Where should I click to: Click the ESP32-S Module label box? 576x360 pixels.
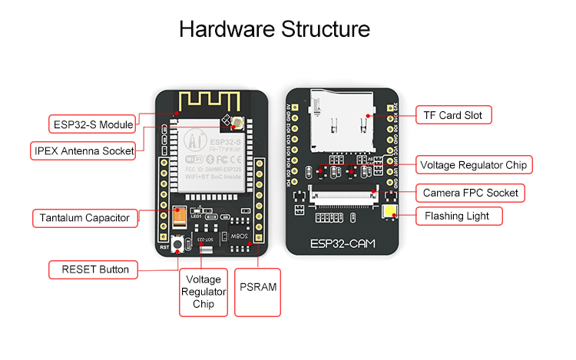click(x=91, y=123)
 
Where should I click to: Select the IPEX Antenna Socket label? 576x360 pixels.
click(x=84, y=150)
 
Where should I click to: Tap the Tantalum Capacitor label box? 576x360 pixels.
click(x=85, y=218)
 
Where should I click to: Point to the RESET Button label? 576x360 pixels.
click(x=89, y=269)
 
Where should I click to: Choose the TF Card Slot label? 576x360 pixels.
click(x=453, y=115)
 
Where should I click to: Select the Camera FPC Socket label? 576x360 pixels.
click(x=470, y=192)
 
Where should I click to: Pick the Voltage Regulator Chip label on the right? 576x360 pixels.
click(x=475, y=164)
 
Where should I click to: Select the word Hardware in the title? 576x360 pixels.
click(x=224, y=30)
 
